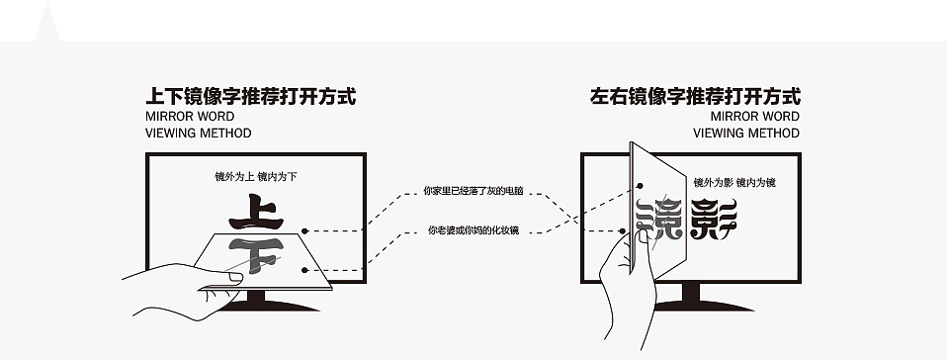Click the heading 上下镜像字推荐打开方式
[x=251, y=97]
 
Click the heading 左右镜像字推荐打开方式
[x=695, y=97]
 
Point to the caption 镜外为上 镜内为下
[x=256, y=176]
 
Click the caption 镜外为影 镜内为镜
[x=734, y=182]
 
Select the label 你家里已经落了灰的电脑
[x=473, y=191]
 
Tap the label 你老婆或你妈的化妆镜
[x=473, y=230]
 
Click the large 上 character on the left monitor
[x=256, y=212]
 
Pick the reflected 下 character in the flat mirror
[x=256, y=255]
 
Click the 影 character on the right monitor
[x=714, y=219]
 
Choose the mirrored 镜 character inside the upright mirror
[x=658, y=219]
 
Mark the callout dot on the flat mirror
[x=305, y=270]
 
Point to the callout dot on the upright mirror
[x=640, y=186]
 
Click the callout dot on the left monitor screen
[x=305, y=230]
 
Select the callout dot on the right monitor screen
[x=622, y=230]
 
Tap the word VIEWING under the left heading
[x=171, y=133]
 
